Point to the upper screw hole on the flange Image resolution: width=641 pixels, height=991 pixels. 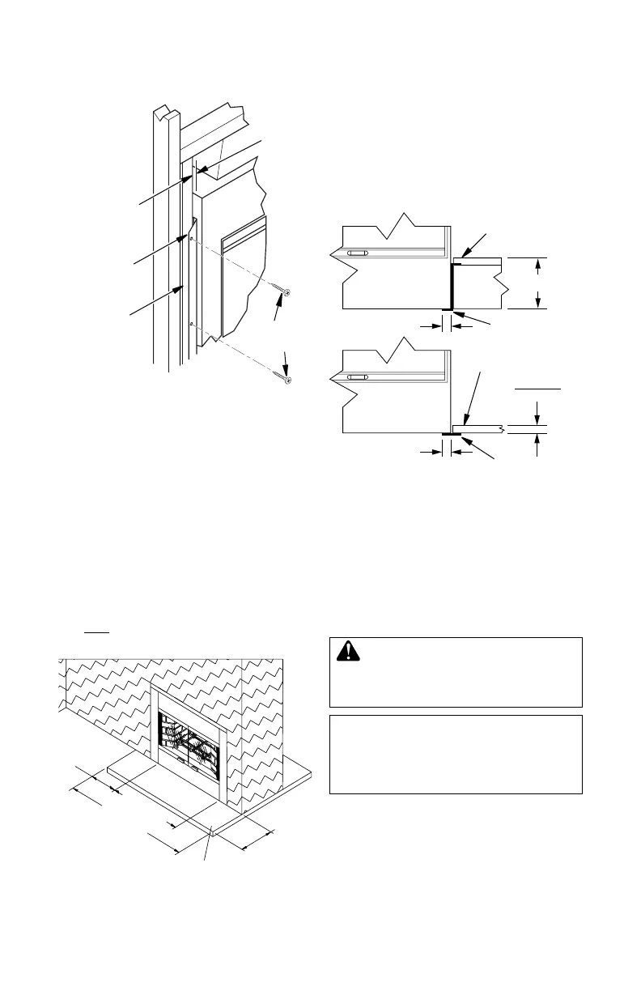(191, 240)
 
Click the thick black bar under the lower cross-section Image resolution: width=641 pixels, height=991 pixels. (452, 434)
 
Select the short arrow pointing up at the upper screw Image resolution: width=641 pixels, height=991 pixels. (281, 308)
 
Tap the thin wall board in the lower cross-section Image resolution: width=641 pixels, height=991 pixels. (478, 427)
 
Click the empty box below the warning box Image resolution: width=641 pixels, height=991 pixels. (456, 754)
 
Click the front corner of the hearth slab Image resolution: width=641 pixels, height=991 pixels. (211, 829)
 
